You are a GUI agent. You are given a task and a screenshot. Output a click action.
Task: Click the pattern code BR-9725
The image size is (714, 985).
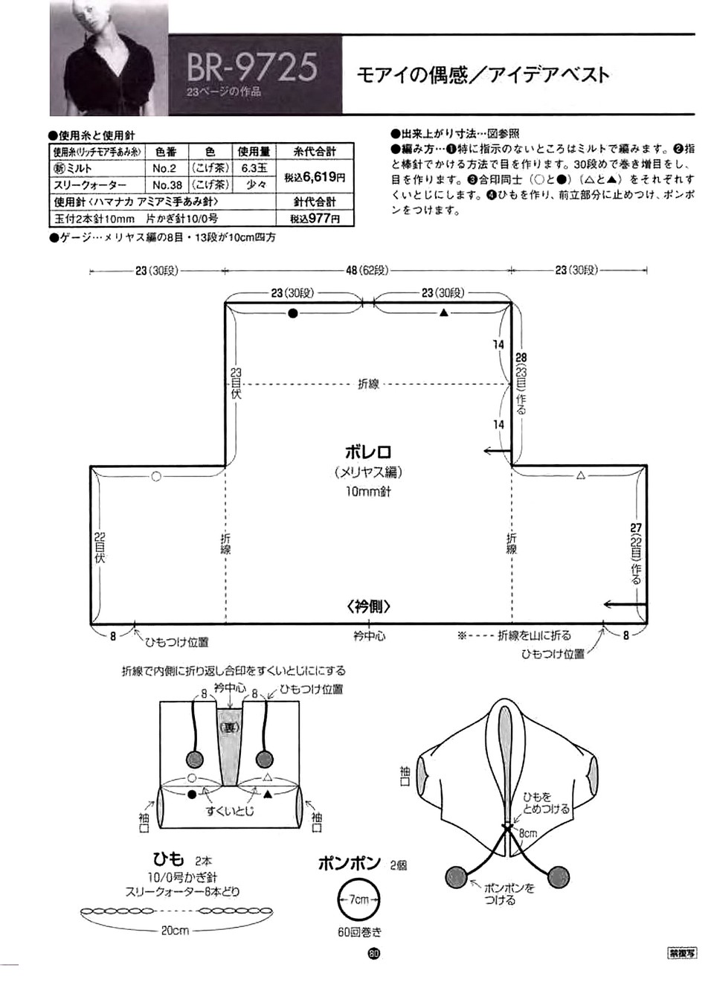tap(251, 66)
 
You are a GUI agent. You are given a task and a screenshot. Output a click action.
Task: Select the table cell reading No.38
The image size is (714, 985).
tap(167, 185)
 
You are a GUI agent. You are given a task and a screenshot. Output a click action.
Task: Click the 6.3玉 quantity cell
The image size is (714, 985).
tap(254, 169)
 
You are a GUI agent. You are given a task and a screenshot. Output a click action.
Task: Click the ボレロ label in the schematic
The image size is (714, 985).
tap(367, 452)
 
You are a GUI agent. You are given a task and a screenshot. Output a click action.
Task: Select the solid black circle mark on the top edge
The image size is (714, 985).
tap(293, 314)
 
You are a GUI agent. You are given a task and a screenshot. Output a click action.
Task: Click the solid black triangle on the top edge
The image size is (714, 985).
tap(444, 313)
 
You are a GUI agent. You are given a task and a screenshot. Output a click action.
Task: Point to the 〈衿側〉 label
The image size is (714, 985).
tap(368, 606)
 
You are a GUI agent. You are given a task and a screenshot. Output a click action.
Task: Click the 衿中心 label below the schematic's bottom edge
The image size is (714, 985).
tap(369, 636)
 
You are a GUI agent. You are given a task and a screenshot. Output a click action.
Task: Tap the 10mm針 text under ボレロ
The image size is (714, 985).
tap(367, 492)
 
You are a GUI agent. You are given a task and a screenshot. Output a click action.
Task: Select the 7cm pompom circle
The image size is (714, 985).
tap(358, 899)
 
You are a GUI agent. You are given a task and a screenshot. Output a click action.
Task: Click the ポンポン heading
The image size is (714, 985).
tap(349, 864)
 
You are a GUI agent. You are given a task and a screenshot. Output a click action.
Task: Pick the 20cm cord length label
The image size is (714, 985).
tap(176, 931)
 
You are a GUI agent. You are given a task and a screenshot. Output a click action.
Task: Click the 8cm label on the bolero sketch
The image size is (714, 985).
tap(527, 833)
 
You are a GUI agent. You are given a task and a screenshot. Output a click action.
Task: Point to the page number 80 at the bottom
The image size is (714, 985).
tap(373, 953)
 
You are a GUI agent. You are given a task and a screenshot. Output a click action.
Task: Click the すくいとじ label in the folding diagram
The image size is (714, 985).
tap(230, 811)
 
